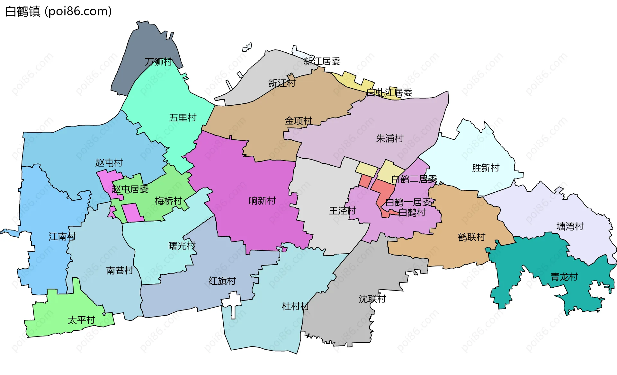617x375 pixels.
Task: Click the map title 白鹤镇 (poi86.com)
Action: point(58,11)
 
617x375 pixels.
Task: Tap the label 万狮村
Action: point(158,62)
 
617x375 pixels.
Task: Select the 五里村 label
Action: point(183,118)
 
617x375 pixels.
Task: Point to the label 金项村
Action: point(298,121)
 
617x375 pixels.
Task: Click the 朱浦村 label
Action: point(389,139)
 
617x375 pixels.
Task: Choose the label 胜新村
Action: point(486,168)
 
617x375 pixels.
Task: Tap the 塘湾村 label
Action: point(570,227)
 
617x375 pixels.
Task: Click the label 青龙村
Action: point(564,277)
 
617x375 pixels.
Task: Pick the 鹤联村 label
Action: point(471,237)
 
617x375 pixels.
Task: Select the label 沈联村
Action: point(372,299)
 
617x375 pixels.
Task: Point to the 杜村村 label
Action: point(295,306)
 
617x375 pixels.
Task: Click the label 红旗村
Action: point(222,281)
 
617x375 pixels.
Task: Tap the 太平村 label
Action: point(81,320)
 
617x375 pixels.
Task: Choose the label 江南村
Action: point(62,237)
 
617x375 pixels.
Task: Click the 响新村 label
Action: point(262,201)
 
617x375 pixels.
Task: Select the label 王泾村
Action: point(343,211)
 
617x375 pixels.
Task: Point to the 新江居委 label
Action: point(322,61)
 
